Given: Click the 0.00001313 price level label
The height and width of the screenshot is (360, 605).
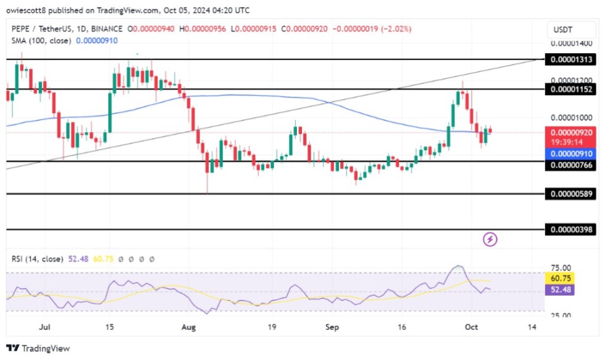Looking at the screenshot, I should [x=570, y=59].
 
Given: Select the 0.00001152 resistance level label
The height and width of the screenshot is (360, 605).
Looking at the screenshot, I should [x=570, y=89].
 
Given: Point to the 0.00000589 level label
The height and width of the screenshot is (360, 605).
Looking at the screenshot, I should [x=570, y=195].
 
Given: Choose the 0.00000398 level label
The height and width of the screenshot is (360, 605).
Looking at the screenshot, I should [x=570, y=230].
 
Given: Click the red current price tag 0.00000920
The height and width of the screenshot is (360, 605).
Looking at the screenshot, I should [x=570, y=132].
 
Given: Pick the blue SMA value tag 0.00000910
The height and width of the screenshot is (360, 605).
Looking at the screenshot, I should [x=570, y=153].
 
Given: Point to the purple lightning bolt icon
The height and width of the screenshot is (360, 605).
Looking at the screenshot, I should [x=490, y=239].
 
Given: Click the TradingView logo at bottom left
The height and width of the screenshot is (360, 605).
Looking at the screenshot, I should [x=38, y=348].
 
